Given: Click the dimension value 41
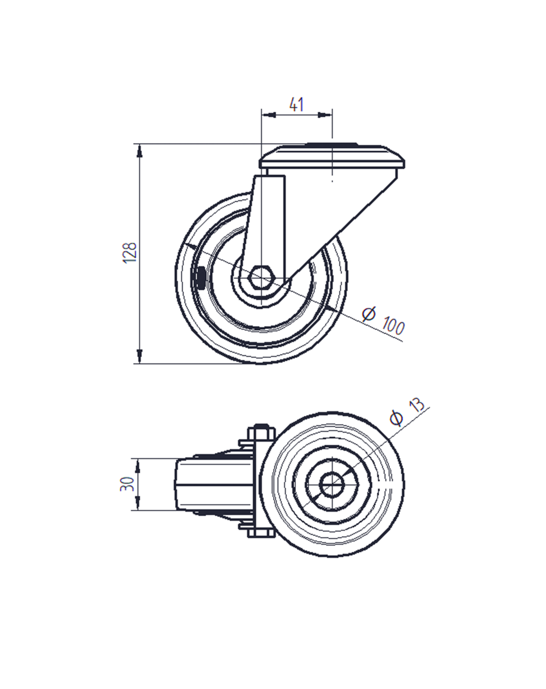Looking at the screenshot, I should (x=296, y=104).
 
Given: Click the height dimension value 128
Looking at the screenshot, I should (x=130, y=253).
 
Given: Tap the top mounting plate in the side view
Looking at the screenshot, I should (x=332, y=158).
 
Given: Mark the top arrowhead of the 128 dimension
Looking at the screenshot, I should (x=140, y=149).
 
